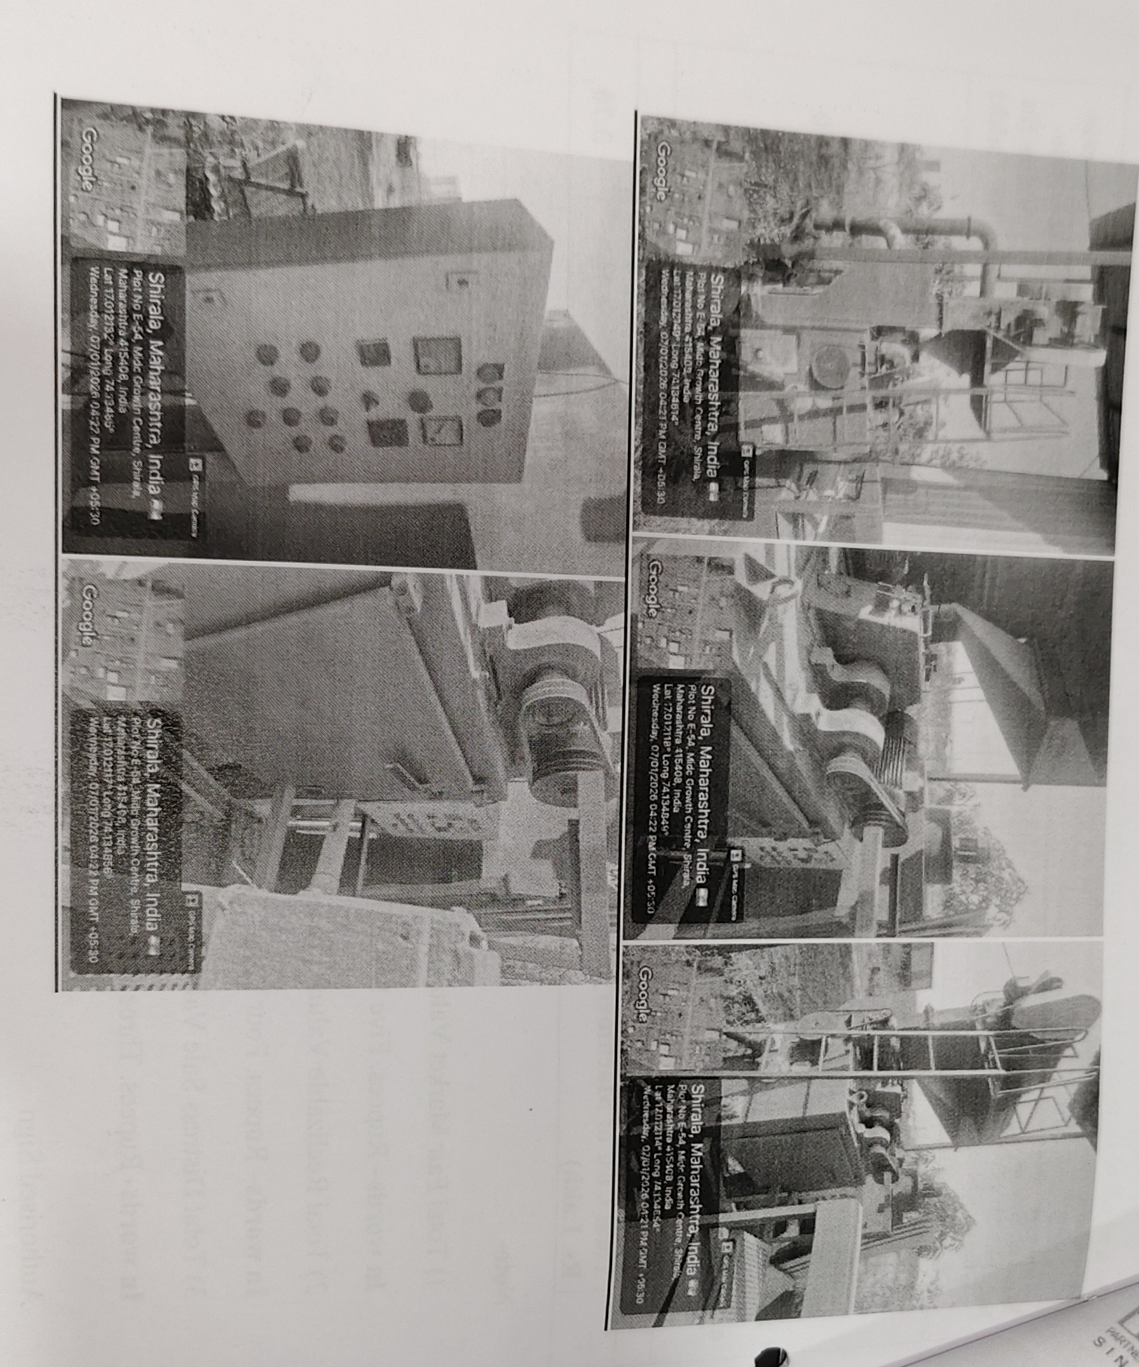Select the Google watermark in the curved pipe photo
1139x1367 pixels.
660,170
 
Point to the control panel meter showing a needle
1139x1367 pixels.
443,429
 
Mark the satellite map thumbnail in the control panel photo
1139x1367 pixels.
124,195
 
